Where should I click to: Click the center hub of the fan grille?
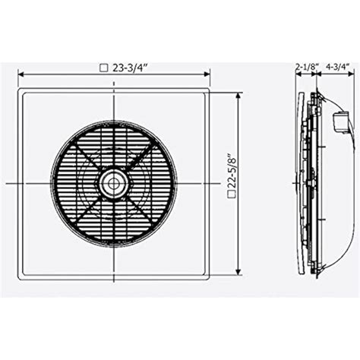click(115, 183)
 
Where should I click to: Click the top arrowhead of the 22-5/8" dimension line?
click(240, 93)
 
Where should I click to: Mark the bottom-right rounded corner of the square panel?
click(210, 274)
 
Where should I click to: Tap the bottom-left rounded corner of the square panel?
click(19, 274)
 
